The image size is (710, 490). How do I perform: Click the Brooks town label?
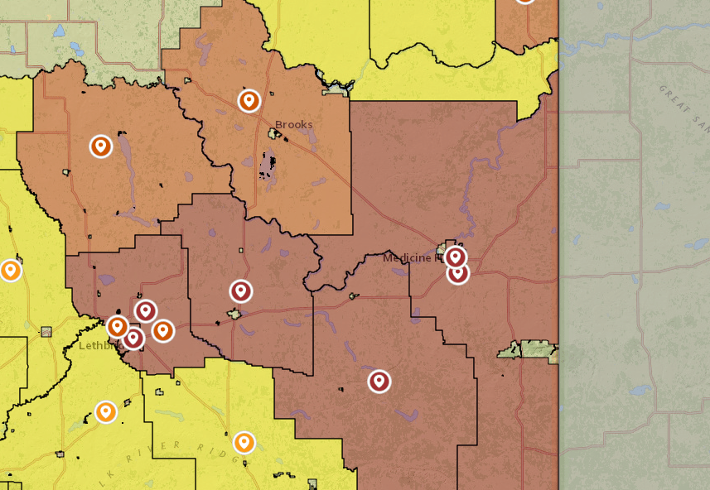click(x=294, y=125)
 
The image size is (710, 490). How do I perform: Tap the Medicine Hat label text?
click(x=408, y=258)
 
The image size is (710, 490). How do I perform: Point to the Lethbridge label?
click(x=98, y=345)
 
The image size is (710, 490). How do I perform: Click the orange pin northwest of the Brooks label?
click(x=249, y=101)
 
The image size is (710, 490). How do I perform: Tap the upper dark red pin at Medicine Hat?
click(x=455, y=257)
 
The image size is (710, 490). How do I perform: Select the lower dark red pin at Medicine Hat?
click(x=458, y=272)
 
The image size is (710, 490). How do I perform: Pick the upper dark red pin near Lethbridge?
click(x=146, y=311)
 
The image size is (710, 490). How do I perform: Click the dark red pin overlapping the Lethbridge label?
click(x=133, y=337)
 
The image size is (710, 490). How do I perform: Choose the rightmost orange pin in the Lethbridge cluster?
click(x=163, y=330)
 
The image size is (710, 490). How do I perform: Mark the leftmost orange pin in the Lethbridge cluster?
click(x=118, y=327)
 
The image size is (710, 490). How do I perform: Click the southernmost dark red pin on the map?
click(x=379, y=382)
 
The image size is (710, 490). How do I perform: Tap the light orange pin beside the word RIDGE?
click(x=244, y=442)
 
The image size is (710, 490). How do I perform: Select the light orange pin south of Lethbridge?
click(x=105, y=411)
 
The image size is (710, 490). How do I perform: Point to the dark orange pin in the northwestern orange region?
click(x=101, y=147)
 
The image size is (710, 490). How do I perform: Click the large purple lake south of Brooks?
click(x=267, y=166)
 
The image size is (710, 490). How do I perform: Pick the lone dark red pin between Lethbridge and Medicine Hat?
click(x=241, y=291)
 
